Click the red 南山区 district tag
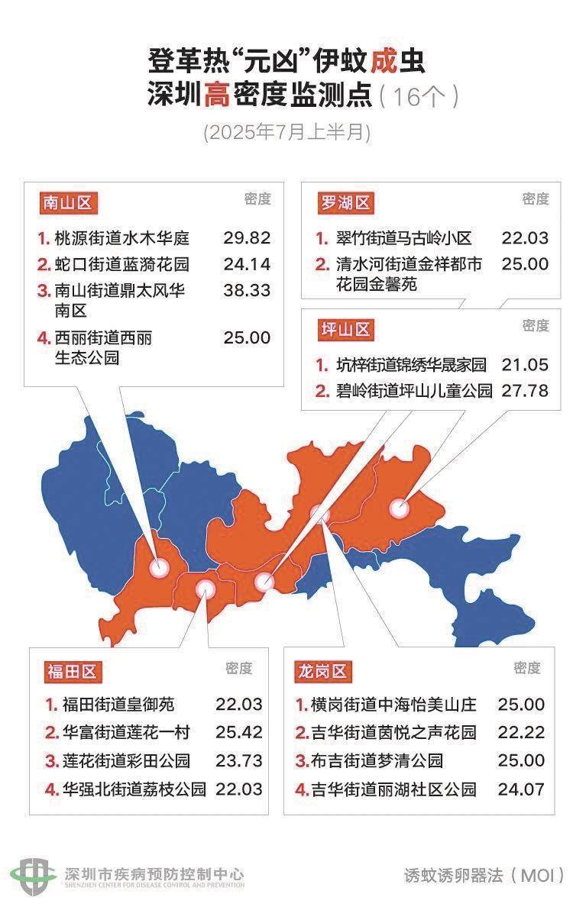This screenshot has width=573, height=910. click(67, 203)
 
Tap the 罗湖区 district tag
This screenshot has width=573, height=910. click(345, 203)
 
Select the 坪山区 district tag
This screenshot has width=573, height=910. click(345, 330)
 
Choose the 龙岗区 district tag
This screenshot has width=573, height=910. click(321, 672)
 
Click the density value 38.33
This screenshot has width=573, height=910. click(247, 291)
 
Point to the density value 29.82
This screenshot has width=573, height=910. click(247, 237)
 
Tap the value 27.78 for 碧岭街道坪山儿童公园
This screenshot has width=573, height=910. click(525, 391)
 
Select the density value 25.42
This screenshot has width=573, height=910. click(239, 732)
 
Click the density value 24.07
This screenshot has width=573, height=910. click(521, 789)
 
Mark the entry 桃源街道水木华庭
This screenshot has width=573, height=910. click(121, 238)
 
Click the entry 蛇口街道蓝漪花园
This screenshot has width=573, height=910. click(121, 265)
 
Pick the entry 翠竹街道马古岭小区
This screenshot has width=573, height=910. click(405, 238)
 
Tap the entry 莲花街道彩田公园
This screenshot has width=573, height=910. click(126, 760)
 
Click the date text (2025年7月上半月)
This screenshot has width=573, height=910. click(287, 132)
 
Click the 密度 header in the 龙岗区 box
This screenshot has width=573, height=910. click(527, 668)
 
